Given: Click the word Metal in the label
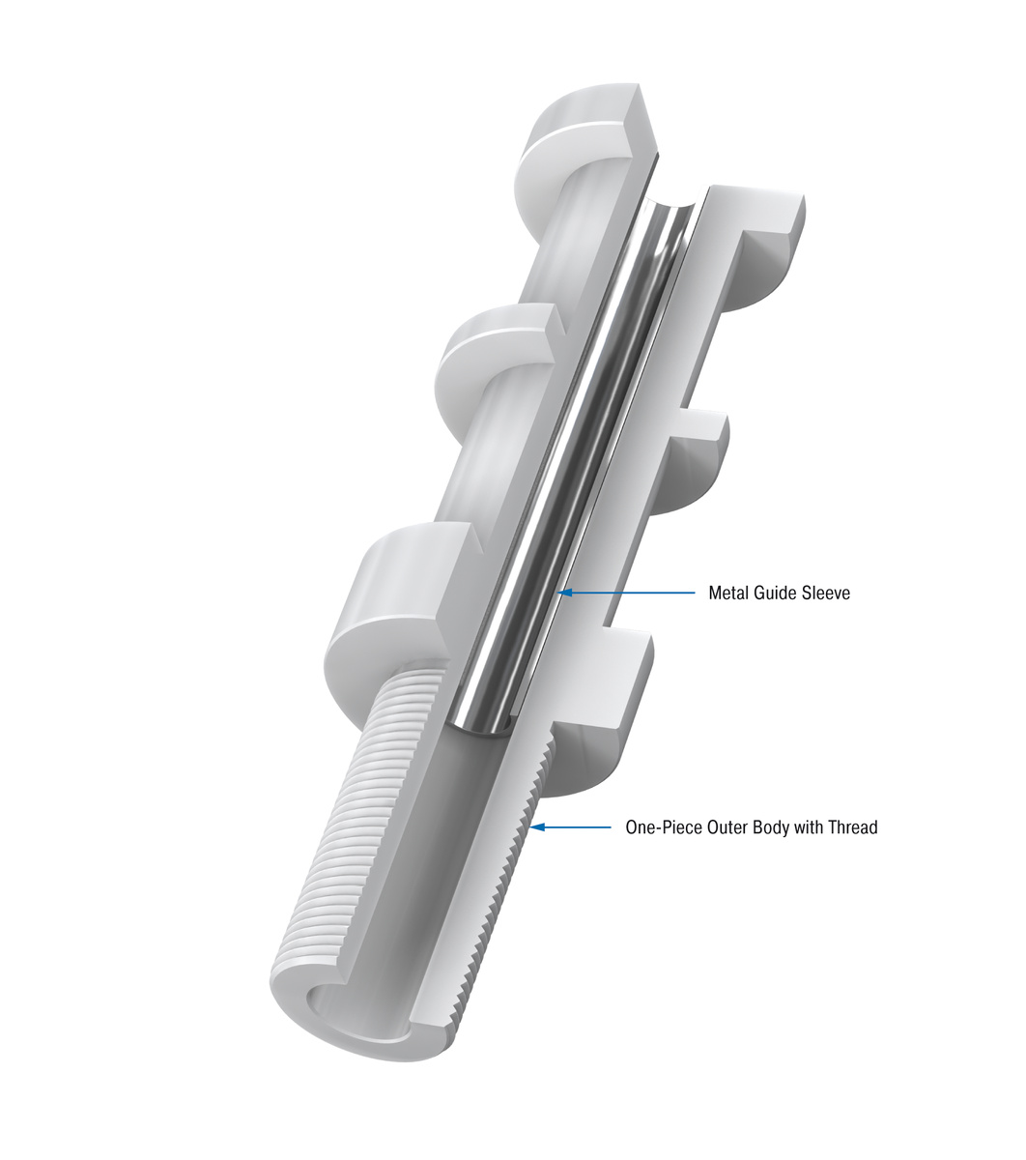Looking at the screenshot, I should [x=729, y=593].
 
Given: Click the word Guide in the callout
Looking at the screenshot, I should [x=776, y=593].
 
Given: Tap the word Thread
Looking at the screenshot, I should [x=852, y=827].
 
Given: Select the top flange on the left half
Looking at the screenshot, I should [x=580, y=130].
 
